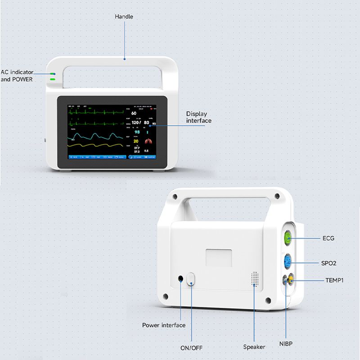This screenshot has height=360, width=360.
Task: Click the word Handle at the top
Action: pos(124,17)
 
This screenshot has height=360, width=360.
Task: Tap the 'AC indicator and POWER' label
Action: pos(17,75)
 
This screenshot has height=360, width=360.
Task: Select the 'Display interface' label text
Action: pos(198,117)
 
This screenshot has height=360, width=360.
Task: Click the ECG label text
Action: pos(328,238)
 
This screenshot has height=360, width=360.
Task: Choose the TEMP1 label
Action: pos(334,280)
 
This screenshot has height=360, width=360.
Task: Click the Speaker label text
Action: pos(254,346)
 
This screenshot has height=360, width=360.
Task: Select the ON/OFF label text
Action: pos(191,347)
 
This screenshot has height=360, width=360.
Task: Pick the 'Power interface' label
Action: pos(164,325)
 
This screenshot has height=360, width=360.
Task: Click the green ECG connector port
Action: pos(286,238)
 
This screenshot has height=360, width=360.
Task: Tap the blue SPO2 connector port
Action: pos(287,261)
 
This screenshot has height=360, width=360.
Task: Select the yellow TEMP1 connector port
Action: pos(291,281)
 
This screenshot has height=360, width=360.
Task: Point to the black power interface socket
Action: pos(181,279)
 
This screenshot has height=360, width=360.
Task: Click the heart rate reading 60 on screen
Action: pos(134,113)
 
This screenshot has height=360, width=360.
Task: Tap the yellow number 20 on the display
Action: pos(136,141)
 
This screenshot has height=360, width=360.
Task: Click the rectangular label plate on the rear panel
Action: pos(219,257)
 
